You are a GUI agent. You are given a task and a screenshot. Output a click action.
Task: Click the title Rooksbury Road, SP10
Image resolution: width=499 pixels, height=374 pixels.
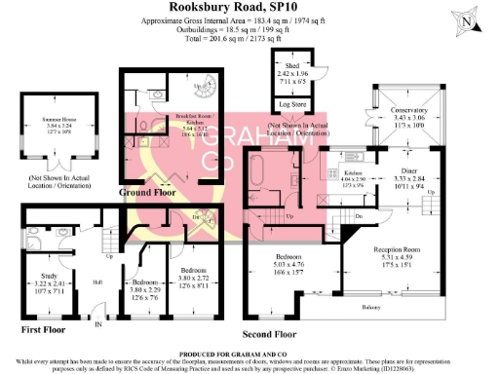(x=249, y=8)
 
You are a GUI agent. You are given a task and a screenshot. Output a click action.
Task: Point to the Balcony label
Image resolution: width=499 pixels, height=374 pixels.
(x=369, y=308)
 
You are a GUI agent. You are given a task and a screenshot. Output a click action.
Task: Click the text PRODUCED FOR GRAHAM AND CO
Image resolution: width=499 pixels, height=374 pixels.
(x=249, y=353)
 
